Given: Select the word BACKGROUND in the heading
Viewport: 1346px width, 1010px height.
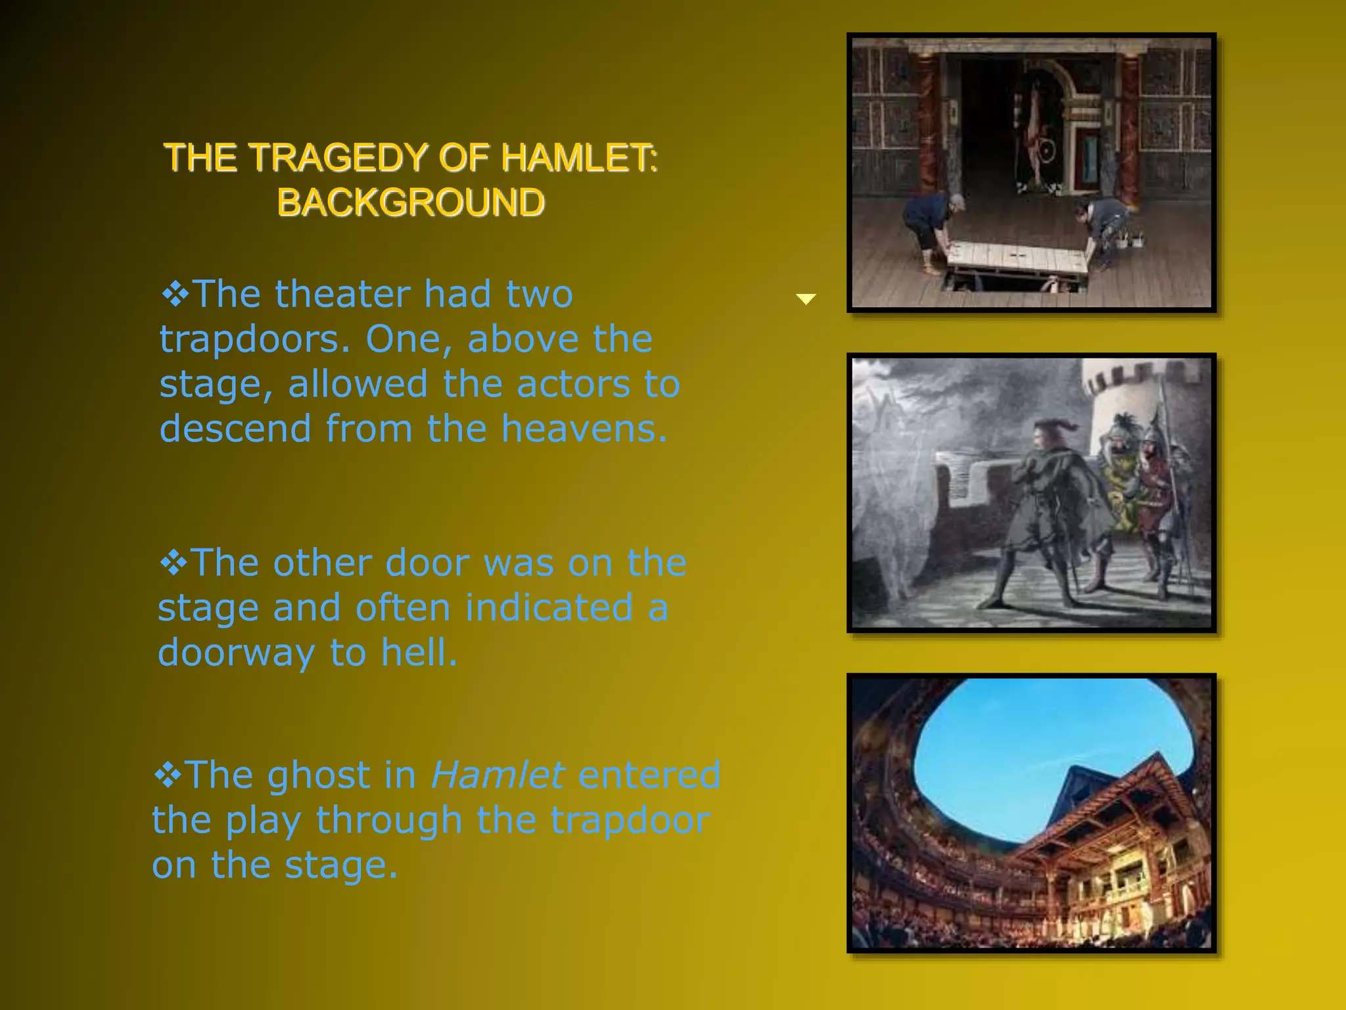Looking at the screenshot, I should tap(411, 202).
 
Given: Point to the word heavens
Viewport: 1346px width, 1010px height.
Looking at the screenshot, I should tap(584, 429).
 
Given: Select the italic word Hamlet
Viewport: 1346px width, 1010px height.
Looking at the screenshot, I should tap(498, 775).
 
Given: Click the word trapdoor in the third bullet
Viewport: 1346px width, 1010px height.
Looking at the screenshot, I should tap(630, 820).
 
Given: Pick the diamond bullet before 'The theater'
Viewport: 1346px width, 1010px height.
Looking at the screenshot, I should tap(175, 295).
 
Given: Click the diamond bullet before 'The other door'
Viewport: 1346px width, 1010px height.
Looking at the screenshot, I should tap(174, 564).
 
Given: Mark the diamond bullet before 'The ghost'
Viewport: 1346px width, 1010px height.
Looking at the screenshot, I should tap(168, 775).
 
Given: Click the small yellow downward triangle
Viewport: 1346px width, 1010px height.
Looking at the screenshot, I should tap(806, 299).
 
